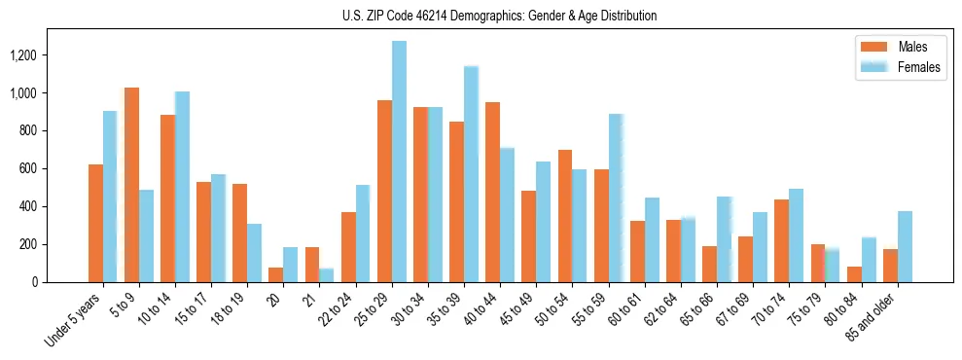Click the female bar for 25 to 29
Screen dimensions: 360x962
[399, 162]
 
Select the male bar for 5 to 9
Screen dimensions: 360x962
[131, 185]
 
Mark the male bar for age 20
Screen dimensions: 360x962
[276, 274]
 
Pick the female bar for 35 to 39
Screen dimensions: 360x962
[472, 174]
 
